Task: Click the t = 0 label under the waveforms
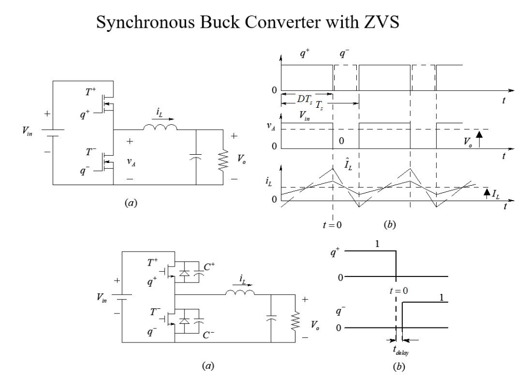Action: click(333, 225)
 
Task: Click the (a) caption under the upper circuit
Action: click(131, 204)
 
